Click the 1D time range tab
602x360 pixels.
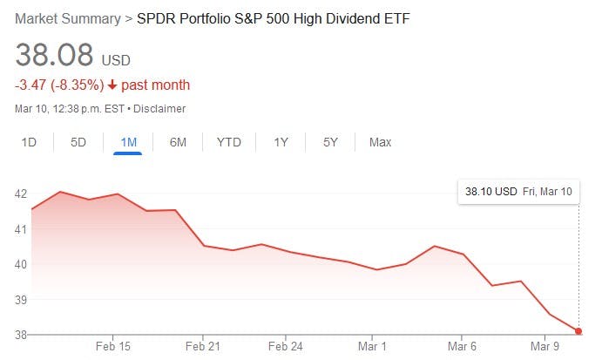point(28,142)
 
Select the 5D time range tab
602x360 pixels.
point(78,142)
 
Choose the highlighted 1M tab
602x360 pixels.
point(127,142)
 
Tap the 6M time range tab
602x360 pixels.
point(178,142)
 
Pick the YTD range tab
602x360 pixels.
point(229,142)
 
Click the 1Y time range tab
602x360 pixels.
point(281,142)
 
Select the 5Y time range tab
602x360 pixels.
point(330,142)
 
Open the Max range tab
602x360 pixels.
point(380,142)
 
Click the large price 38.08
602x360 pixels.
point(54,56)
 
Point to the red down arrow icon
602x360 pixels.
point(112,85)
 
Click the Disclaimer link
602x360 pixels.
point(160,109)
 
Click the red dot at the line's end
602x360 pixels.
point(578,331)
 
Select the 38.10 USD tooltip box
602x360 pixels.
point(518,191)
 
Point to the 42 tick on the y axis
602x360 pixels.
point(21,194)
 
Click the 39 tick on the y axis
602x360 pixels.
point(21,300)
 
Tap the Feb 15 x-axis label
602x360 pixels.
point(113,346)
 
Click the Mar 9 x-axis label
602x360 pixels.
point(545,346)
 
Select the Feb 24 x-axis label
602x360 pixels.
point(286,346)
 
